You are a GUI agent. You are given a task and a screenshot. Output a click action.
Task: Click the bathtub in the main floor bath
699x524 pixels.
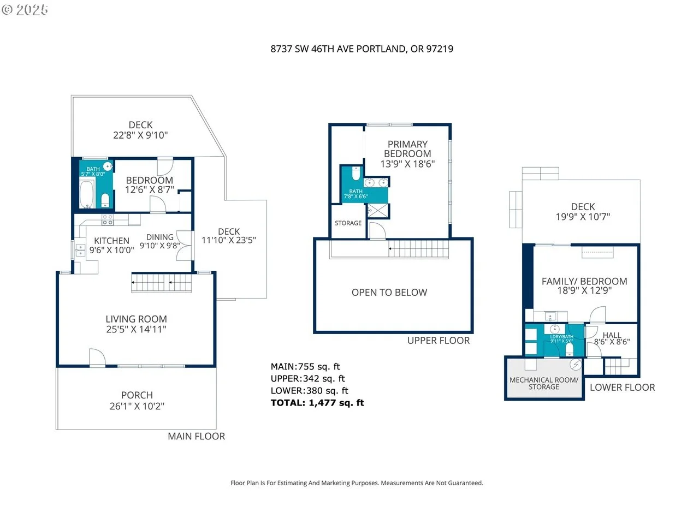[87, 193]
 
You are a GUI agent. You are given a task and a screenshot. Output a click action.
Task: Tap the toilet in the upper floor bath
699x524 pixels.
[356, 174]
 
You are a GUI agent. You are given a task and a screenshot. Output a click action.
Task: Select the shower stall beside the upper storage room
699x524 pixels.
[378, 210]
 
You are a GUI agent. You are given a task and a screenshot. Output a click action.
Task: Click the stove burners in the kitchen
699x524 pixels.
[108, 220]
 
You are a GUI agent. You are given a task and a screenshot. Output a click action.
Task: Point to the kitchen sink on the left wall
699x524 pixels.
[80, 250]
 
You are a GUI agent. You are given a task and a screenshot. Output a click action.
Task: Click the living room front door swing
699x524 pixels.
[97, 358]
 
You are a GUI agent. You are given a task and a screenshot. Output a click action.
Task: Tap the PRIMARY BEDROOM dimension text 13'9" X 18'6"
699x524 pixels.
[407, 164]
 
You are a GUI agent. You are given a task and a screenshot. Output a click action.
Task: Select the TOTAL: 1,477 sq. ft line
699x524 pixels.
[317, 403]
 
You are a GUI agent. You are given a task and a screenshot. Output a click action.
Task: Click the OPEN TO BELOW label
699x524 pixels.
[389, 293]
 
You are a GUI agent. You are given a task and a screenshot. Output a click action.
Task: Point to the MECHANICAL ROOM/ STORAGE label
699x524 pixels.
[543, 383]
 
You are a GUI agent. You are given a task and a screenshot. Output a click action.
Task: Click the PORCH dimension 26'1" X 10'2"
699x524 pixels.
[137, 406]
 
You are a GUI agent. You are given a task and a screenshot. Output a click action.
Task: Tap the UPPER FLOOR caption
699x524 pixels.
[438, 341]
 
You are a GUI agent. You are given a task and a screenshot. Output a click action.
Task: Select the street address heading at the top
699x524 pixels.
[362, 49]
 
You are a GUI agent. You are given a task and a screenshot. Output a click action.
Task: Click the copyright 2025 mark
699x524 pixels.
[25, 10]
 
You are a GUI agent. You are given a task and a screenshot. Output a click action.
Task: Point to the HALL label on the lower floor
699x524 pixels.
[612, 335]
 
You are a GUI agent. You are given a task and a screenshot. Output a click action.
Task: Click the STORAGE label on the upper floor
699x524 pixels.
[348, 223]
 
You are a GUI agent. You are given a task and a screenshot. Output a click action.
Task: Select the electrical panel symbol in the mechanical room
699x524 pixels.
[576, 364]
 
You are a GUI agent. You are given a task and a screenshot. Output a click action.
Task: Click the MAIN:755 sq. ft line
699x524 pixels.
[305, 366]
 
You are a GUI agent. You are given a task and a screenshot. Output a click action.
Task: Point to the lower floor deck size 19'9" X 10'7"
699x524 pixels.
[583, 217]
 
